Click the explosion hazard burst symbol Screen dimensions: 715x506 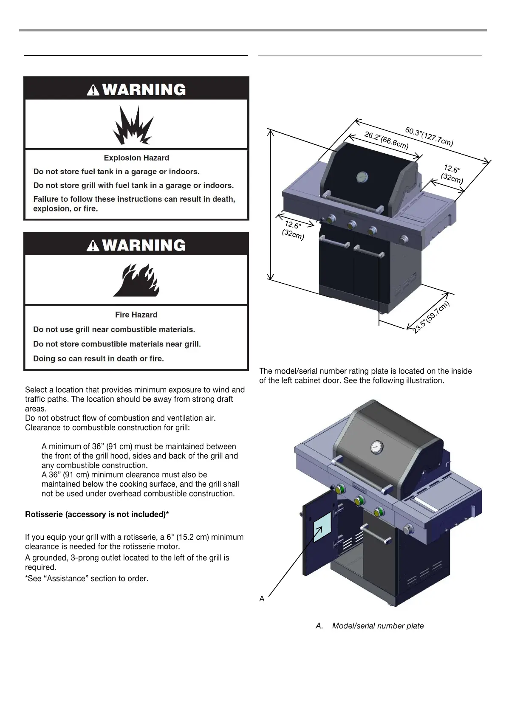(133, 125)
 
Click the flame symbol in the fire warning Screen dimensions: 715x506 (136, 280)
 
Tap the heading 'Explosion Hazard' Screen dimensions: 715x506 (136, 158)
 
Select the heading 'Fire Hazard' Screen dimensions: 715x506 (136, 315)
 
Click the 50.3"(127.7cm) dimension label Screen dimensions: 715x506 (429, 136)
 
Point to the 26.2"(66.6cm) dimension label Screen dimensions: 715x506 (387, 141)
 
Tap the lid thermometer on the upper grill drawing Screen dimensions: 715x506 (362, 177)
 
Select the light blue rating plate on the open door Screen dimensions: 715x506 (322, 527)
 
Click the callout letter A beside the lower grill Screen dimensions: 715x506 (262, 599)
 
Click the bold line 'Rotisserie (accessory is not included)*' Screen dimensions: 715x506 (97, 515)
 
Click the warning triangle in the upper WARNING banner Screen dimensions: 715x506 (93, 90)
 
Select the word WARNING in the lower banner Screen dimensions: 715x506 (144, 245)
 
